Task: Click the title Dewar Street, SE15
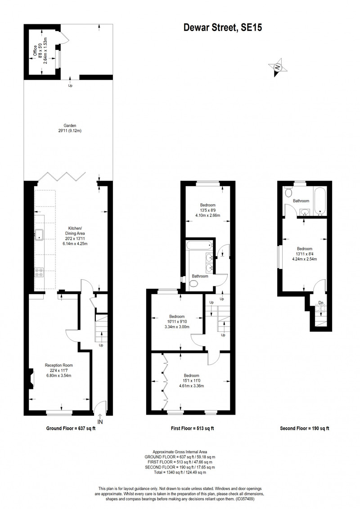click(223, 28)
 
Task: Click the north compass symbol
click(278, 67)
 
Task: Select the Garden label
click(70, 125)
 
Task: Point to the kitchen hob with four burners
click(39, 272)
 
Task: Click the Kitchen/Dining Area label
click(75, 233)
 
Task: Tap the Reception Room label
click(59, 365)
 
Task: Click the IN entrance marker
click(100, 422)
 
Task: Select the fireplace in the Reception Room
click(31, 379)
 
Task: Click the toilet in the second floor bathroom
click(288, 193)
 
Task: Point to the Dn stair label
click(321, 303)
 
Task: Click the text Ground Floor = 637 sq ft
click(71, 428)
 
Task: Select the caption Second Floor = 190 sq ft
click(305, 428)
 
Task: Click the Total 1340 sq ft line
click(180, 472)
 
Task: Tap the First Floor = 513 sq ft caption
click(192, 428)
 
